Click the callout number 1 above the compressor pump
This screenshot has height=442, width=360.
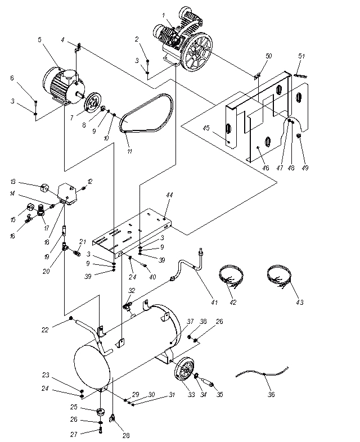[x=164, y=16]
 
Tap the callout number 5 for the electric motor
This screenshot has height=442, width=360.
[x=40, y=39]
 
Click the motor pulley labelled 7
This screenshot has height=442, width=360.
[x=93, y=104]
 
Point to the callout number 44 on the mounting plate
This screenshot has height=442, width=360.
[x=169, y=195]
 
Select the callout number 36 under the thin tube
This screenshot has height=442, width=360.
[x=271, y=394]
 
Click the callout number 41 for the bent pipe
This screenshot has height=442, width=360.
[x=214, y=302]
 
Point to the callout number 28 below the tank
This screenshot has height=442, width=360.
[x=126, y=435]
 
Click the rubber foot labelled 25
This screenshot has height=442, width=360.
[x=101, y=411]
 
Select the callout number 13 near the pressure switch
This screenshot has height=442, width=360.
[x=13, y=182]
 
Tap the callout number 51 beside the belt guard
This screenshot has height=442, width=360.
[x=301, y=56]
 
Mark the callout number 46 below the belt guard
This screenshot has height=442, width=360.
[x=265, y=168]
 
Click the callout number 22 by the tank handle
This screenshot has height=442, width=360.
[x=45, y=330]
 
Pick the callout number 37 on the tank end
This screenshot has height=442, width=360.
[x=191, y=321]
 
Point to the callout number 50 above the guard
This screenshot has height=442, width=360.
[x=269, y=56]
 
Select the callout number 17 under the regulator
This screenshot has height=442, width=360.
[x=47, y=228]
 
